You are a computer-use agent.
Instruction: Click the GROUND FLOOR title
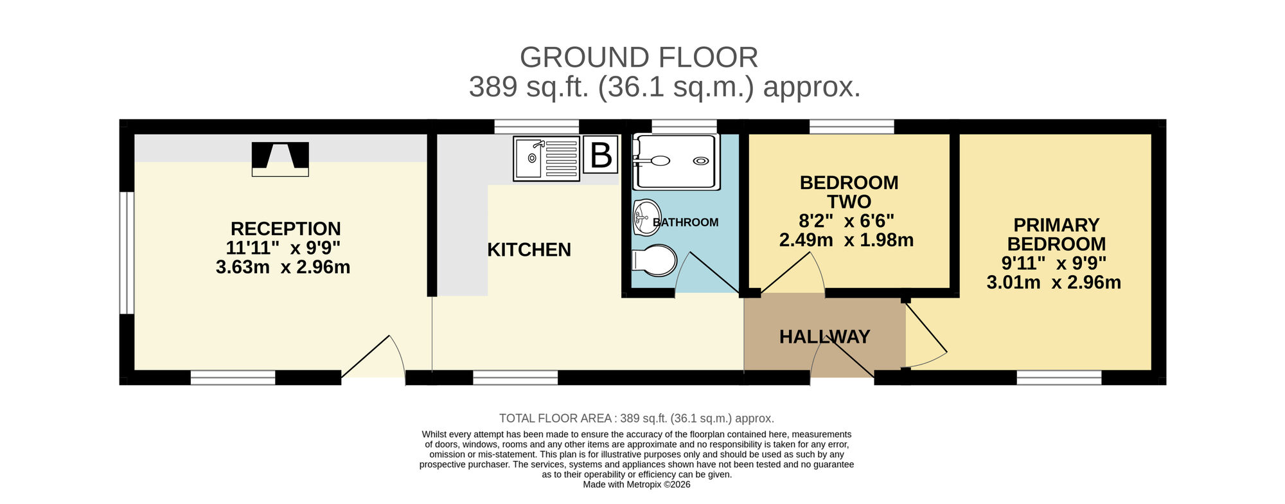click(639, 58)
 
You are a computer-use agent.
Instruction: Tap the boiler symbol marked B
click(601, 155)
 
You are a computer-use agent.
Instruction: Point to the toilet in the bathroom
click(654, 260)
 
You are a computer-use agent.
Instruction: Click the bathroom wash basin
click(646, 217)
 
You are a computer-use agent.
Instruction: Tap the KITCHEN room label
click(529, 249)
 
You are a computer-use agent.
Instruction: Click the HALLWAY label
click(824, 337)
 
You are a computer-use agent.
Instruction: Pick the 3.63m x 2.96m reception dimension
click(283, 267)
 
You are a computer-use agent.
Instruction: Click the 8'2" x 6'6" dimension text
click(846, 221)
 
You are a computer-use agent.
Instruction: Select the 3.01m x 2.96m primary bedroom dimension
click(1054, 282)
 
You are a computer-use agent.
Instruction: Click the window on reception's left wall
click(127, 253)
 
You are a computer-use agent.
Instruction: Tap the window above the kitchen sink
click(536, 127)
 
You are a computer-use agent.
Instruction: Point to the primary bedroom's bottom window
click(1059, 377)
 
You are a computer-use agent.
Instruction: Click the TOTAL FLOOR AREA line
click(636, 419)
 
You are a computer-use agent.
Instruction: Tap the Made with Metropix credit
click(636, 485)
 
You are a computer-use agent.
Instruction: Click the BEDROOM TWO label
click(849, 192)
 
